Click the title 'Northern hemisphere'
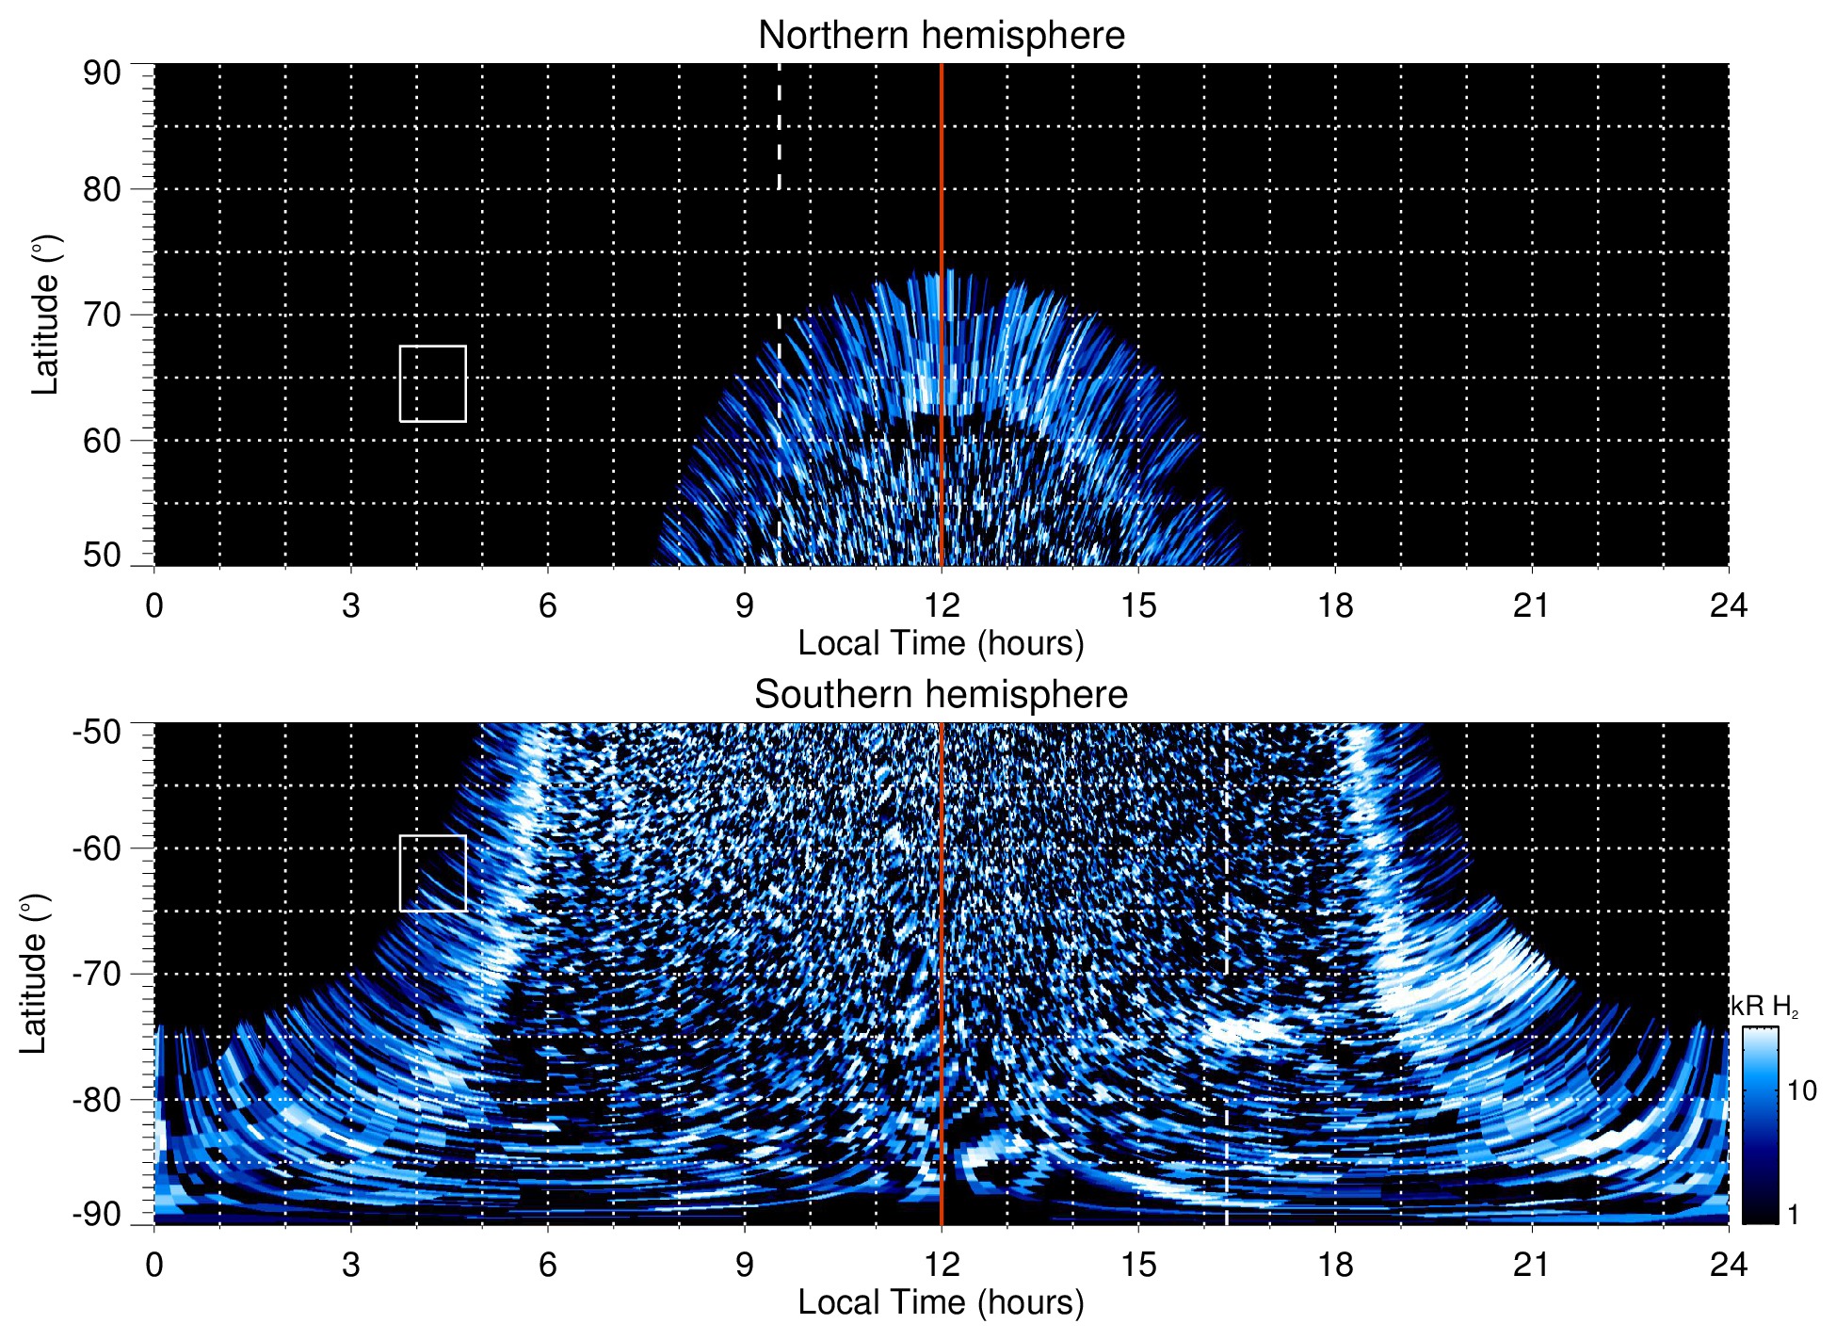coord(941,36)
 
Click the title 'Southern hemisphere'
coord(941,695)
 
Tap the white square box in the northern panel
coord(432,383)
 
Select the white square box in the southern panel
coord(432,873)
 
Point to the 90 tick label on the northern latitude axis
coord(102,73)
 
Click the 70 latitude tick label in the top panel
coord(102,315)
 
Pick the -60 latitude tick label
coord(97,848)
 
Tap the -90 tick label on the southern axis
coord(97,1215)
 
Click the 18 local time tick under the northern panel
coord(1335,605)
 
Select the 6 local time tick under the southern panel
coord(548,1265)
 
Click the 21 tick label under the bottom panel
coord(1532,1265)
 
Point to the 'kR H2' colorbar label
coord(1764,1007)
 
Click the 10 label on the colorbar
coord(1801,1091)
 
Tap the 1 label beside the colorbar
coord(1793,1215)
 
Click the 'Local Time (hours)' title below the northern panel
coord(941,643)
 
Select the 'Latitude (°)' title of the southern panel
coord(34,974)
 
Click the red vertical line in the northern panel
coord(942,188)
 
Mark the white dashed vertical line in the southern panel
coord(1226,1130)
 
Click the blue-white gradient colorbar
coord(1760,1125)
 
